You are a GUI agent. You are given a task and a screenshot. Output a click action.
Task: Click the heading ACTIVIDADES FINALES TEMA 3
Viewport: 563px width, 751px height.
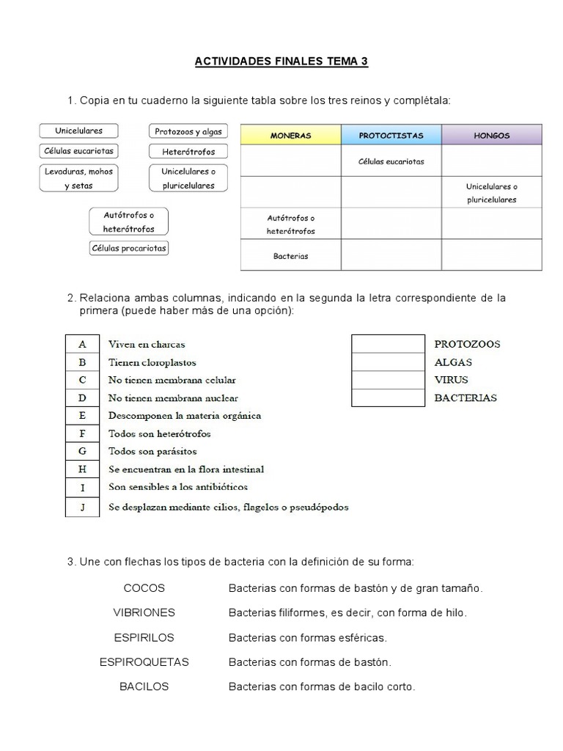[281, 62]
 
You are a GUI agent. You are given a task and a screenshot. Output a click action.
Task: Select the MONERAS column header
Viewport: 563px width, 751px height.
[290, 136]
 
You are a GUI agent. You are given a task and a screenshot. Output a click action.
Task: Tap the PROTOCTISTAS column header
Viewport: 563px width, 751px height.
[391, 136]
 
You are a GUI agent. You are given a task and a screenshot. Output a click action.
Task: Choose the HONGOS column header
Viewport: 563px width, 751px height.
[492, 136]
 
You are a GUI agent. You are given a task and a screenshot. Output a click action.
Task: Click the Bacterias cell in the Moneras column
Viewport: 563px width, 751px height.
[290, 257]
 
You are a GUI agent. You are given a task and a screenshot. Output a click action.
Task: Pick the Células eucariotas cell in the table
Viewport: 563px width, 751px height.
[391, 161]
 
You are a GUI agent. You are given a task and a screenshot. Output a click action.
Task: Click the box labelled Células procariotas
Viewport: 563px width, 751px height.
[129, 249]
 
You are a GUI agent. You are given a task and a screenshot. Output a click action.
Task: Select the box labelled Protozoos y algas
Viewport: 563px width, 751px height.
[188, 132]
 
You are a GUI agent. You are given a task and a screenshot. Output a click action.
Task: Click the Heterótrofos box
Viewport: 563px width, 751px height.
[188, 152]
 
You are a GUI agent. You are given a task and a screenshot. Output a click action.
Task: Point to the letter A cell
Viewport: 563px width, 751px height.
[82, 344]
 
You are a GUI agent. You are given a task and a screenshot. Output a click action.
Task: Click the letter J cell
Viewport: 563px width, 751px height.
[82, 507]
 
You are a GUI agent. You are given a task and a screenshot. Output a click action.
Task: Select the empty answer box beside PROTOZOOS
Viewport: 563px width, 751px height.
[388, 344]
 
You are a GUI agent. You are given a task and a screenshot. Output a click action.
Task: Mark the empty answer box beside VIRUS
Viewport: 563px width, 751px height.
[388, 380]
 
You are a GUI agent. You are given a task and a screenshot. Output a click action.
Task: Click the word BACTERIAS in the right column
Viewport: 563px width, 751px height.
[466, 398]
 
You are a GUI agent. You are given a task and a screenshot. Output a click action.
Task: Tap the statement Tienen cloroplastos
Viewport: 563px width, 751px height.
[152, 362]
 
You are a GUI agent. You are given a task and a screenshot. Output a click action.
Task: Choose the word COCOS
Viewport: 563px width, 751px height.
[144, 588]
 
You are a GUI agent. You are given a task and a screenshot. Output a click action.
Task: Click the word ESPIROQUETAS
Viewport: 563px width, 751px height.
[144, 662]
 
